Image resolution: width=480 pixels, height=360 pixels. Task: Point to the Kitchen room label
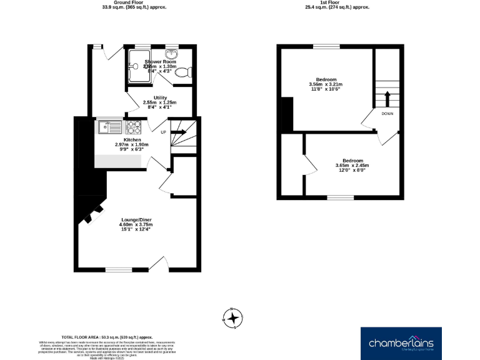(x=132, y=139)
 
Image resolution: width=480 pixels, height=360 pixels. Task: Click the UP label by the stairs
(x=164, y=132)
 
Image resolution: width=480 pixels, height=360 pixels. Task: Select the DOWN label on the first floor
(x=387, y=113)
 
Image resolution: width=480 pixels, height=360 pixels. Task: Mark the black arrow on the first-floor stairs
(x=387, y=98)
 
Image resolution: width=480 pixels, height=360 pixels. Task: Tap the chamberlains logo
(x=401, y=343)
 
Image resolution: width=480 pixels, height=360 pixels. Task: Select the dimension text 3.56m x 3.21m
(x=326, y=84)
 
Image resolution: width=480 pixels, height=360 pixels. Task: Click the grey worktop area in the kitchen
(x=117, y=159)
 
